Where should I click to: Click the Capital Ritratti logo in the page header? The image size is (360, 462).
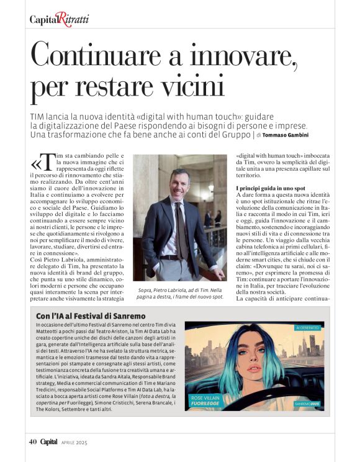click(x=59, y=20)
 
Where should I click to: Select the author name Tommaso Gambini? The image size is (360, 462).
click(x=284, y=135)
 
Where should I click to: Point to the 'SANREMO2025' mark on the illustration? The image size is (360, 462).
click(x=309, y=404)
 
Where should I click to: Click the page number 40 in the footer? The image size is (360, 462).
click(x=34, y=442)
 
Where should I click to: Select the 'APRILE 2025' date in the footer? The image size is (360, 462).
click(x=75, y=442)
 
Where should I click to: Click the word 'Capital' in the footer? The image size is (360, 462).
click(x=50, y=442)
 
